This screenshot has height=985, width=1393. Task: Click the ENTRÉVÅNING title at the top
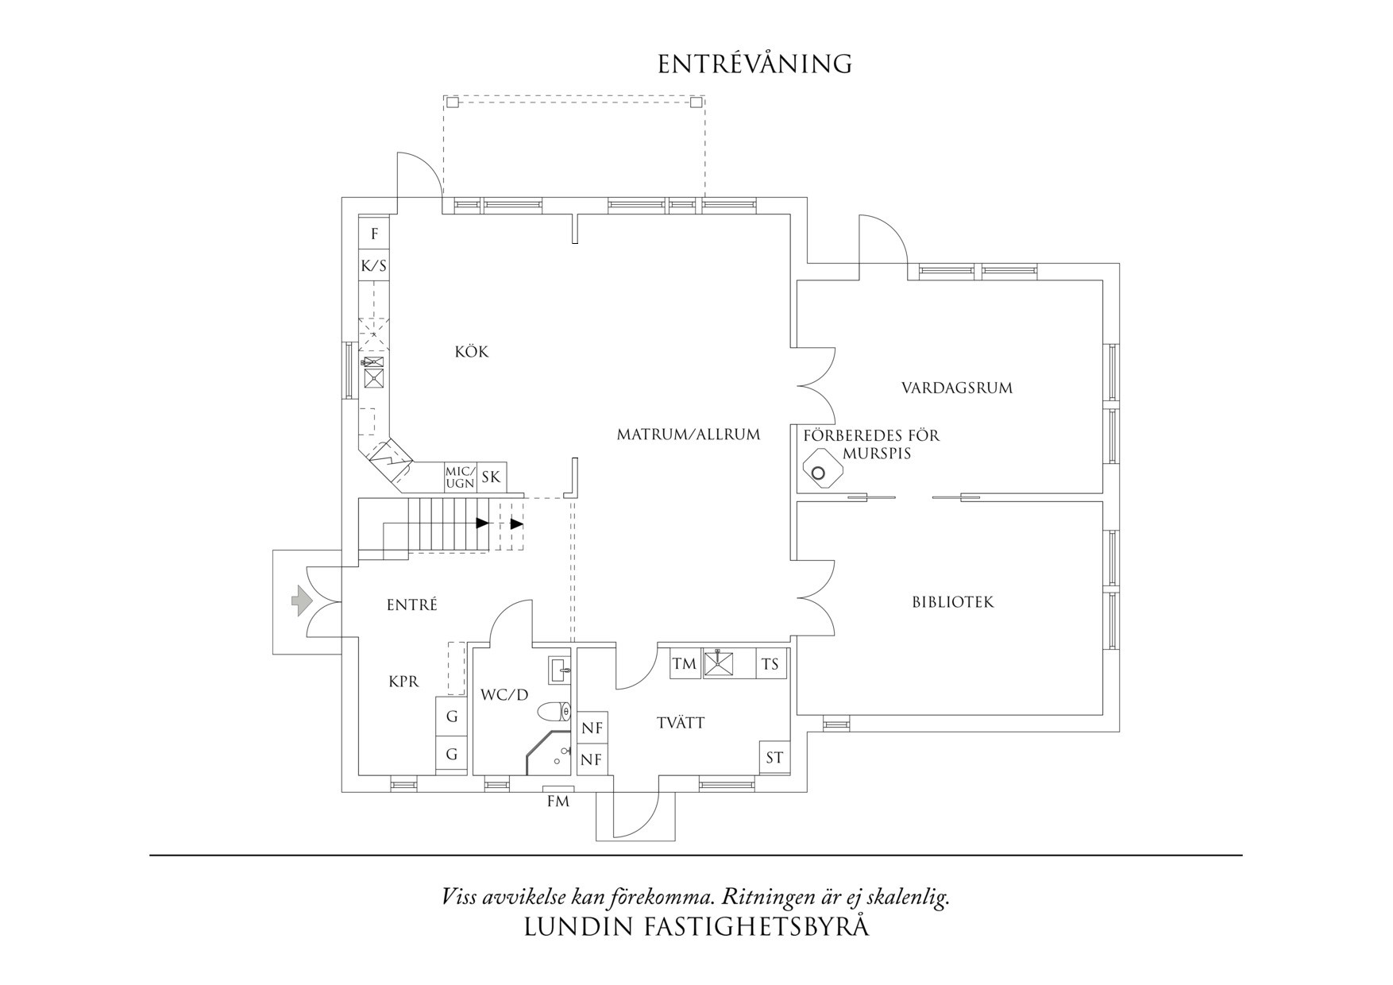(754, 64)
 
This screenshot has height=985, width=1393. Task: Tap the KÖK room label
(472, 352)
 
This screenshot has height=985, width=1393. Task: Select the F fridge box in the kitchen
(374, 234)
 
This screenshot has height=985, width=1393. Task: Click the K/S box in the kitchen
(374, 266)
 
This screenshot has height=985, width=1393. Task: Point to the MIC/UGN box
(460, 477)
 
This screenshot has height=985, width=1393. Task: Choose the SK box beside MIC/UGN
(491, 477)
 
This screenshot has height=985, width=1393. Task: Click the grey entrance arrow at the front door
(300, 601)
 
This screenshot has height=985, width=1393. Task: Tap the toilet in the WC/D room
(554, 711)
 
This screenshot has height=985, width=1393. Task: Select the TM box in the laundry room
(684, 664)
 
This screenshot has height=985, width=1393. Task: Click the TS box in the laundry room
(770, 664)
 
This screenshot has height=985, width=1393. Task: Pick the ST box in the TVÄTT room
(774, 758)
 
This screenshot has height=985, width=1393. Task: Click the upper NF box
(592, 728)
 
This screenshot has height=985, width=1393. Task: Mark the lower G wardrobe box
(451, 754)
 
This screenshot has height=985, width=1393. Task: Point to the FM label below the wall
(558, 802)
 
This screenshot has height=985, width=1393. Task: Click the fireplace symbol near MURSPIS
(818, 470)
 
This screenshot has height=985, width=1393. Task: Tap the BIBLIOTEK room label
(952, 602)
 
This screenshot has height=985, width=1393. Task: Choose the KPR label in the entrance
(403, 682)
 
